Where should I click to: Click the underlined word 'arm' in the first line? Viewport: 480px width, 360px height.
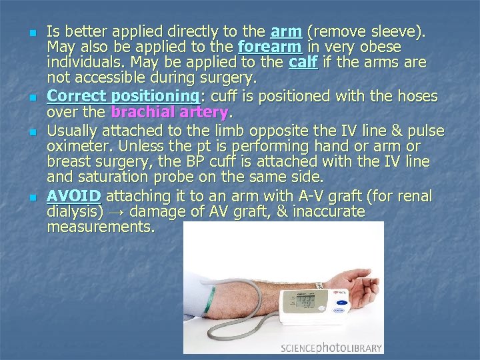286,31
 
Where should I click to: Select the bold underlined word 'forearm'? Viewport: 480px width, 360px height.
269,47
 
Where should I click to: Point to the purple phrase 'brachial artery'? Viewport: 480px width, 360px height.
169,111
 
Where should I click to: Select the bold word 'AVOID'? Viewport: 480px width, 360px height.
74,196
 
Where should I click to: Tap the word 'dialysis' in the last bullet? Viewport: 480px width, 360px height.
75,212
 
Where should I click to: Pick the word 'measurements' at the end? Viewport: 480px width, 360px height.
100,227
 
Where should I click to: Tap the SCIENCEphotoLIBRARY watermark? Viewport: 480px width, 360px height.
331,347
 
